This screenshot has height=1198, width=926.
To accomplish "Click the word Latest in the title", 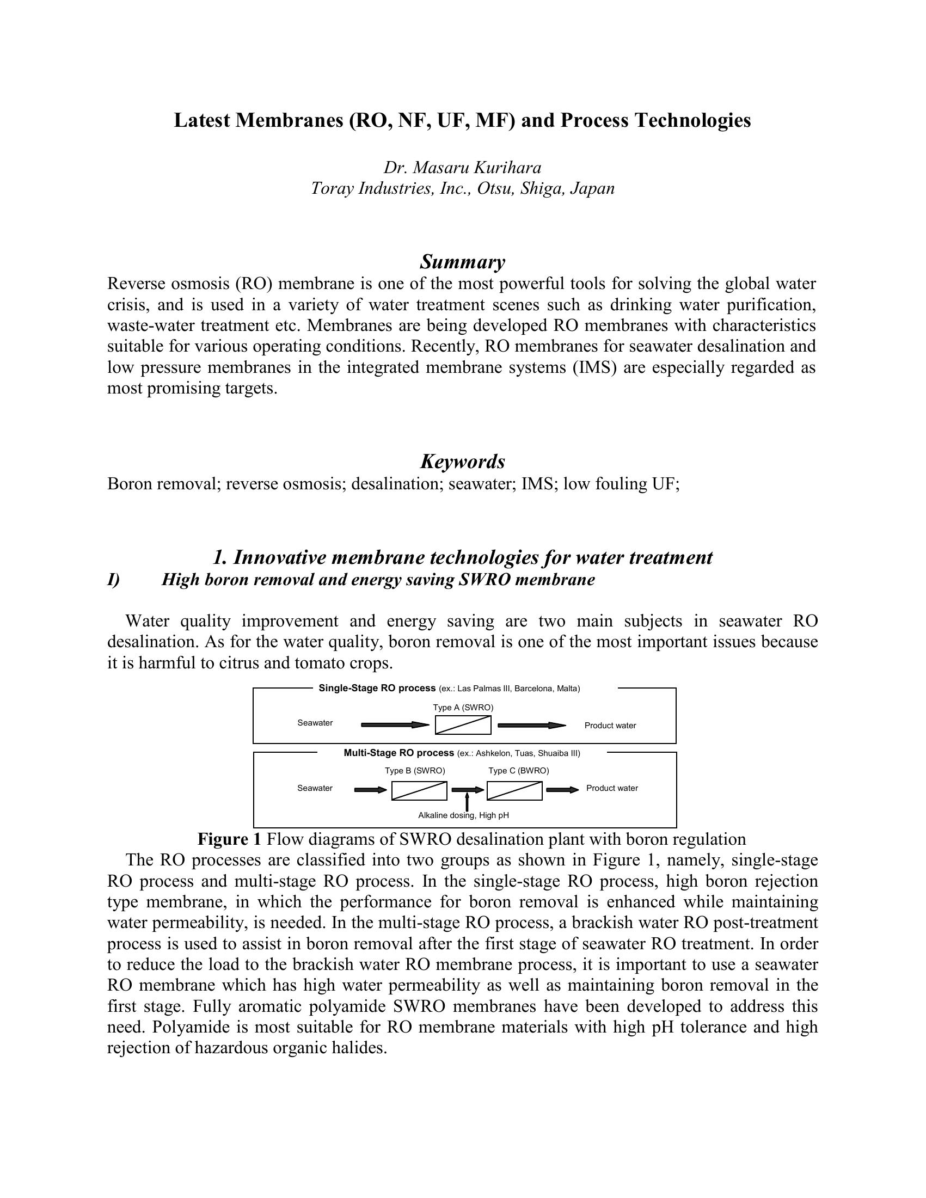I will (202, 121).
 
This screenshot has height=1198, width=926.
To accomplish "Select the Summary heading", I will (462, 262).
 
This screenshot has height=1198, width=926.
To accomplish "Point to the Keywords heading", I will (462, 462).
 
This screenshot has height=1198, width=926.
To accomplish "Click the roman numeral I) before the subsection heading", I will (113, 580).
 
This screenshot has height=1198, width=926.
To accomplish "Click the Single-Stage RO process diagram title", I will (377, 689).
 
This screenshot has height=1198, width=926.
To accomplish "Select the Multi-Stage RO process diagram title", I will (398, 753).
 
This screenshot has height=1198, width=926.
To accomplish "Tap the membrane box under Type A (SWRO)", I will (463, 725).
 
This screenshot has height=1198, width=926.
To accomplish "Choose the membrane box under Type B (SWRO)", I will (419, 790).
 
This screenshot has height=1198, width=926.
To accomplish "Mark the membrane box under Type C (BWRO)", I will (514, 790).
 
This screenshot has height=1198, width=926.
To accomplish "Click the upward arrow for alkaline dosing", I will (467, 802).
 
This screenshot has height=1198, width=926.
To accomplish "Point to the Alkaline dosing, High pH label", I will (464, 816).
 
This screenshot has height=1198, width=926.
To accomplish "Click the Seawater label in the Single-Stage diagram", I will (315, 723).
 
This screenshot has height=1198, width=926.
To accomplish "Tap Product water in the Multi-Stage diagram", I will (612, 788).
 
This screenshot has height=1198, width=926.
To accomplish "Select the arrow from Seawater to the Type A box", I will (395, 725).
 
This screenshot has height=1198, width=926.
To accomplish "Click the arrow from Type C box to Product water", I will (562, 790).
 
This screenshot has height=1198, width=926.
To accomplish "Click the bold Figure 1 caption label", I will (229, 839).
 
